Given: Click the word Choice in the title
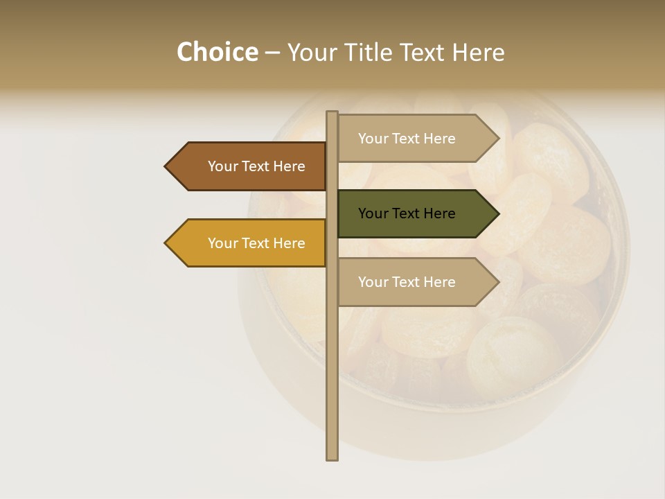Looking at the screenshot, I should (x=217, y=53).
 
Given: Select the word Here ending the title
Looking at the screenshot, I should (x=478, y=53).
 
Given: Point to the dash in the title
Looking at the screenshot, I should (x=272, y=53).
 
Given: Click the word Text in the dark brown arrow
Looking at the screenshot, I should (x=256, y=166).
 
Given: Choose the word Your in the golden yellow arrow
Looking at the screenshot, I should (x=222, y=243).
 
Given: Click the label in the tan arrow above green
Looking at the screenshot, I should (x=407, y=139).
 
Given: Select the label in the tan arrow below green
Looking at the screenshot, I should (x=407, y=282).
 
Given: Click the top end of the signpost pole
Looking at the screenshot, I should (x=332, y=113).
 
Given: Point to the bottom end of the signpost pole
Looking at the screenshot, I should (x=332, y=458).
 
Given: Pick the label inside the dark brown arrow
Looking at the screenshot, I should (x=256, y=166).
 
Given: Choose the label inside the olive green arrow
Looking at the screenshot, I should (x=407, y=213).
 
